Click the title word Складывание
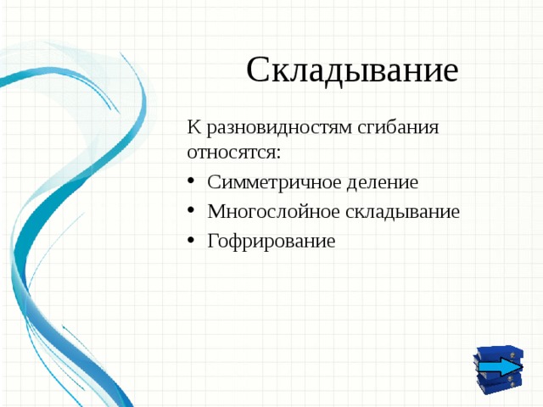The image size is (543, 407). tap(352, 70)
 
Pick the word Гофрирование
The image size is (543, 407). tap(271, 242)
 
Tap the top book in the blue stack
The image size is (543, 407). tap(499, 351)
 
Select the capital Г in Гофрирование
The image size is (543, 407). tap(213, 242)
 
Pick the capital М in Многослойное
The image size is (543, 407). tap(216, 212)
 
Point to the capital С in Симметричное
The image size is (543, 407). tap(214, 182)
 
